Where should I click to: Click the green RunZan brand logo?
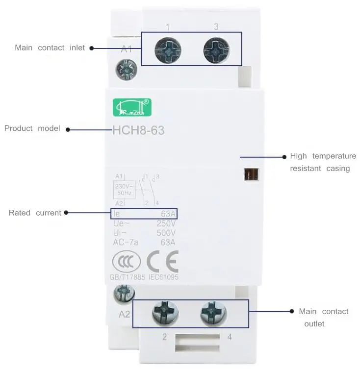point(132,107)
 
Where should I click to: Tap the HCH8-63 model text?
point(138,131)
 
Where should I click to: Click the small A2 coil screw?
point(124,294)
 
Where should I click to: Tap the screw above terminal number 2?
point(165,312)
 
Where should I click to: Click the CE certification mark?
point(162,263)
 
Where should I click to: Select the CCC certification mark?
point(126,263)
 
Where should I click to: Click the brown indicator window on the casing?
point(251,175)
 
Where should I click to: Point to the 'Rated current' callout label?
point(35,213)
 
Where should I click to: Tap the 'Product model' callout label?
point(32,128)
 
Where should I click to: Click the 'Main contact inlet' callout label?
point(50,48)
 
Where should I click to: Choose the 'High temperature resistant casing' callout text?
point(323,162)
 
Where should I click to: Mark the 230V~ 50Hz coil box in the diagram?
point(125,190)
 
